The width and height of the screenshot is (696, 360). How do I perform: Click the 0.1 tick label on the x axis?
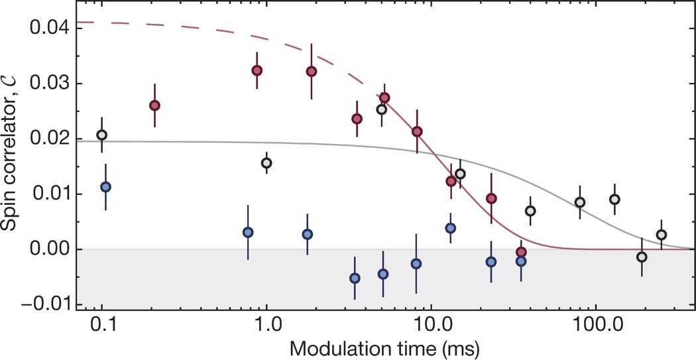pyautogui.click(x=102, y=328)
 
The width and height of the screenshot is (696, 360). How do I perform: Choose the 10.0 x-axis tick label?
pyautogui.click(x=431, y=328)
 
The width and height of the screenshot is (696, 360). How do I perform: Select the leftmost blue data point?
pyautogui.click(x=105, y=187)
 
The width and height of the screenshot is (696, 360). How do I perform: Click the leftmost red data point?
pyautogui.click(x=154, y=105)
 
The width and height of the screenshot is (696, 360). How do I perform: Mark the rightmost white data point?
pyautogui.click(x=661, y=235)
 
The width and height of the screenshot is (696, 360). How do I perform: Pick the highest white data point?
pyautogui.click(x=381, y=109)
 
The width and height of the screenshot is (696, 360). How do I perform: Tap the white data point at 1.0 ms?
pyautogui.click(x=266, y=162)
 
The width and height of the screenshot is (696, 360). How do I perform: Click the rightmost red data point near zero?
pyautogui.click(x=522, y=252)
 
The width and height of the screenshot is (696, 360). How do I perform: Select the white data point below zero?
pyautogui.click(x=642, y=257)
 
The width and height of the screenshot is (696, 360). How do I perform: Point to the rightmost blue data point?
pyautogui.click(x=521, y=261)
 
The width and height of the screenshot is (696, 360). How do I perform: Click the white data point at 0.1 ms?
pyautogui.click(x=101, y=135)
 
